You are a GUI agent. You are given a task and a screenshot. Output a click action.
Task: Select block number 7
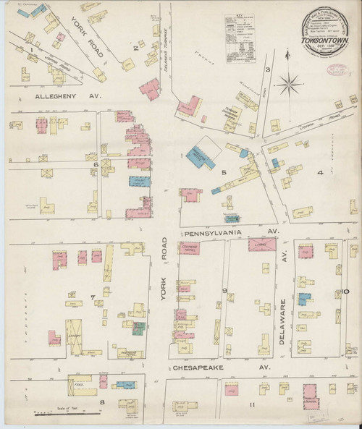[92, 298]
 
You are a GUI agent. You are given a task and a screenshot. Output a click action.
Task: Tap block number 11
[251, 404]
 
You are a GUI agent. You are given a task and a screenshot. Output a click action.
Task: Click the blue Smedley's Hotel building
[196, 153]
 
